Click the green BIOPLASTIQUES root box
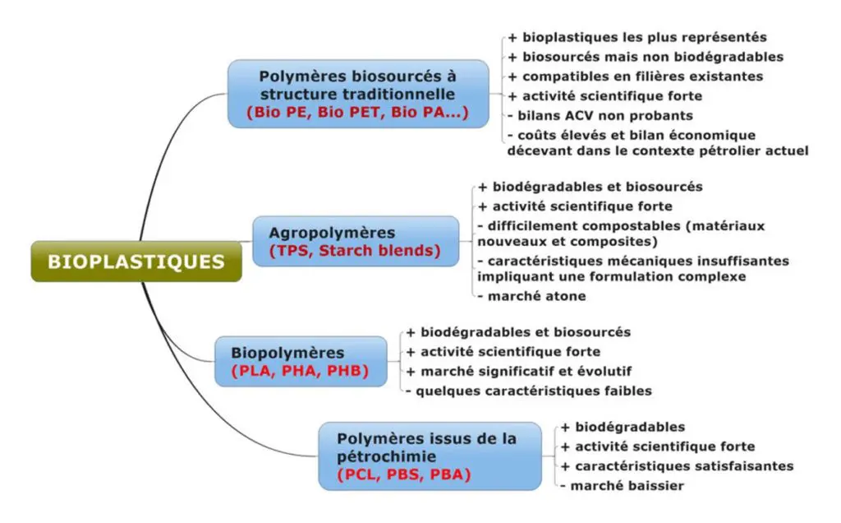pyautogui.click(x=136, y=261)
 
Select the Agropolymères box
pyautogui.click(x=356, y=241)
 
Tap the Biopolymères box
pyautogui.click(x=301, y=361)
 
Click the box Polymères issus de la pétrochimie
pyautogui.click(x=430, y=456)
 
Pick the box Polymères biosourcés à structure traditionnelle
pyautogui.click(x=358, y=94)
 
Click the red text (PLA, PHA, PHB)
pyautogui.click(x=300, y=371)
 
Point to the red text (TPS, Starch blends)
pyautogui.click(x=355, y=251)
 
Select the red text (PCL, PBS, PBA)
pyautogui.click(x=404, y=474)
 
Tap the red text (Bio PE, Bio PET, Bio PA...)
pyautogui.click(x=358, y=112)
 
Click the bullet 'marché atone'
pyautogui.click(x=531, y=296)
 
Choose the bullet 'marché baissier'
pyautogui.click(x=623, y=486)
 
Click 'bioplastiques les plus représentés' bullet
pyautogui.click(x=637, y=37)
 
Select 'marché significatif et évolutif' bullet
pyautogui.click(x=519, y=371)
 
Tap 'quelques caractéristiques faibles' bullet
pyautogui.click(x=529, y=391)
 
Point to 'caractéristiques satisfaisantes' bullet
pyautogui.click(x=677, y=466)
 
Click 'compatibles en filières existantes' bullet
pyautogui.click(x=635, y=76)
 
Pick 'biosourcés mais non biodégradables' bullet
pyautogui.click(x=646, y=57)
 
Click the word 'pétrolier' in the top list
pyautogui.click(x=712, y=150)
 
